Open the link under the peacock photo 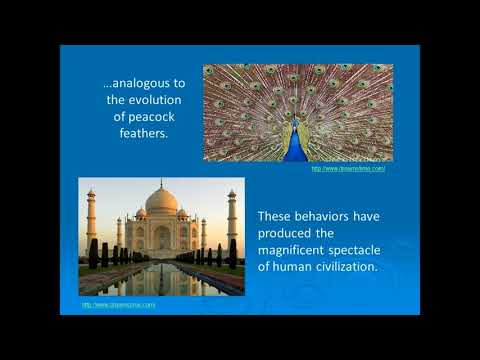pos(349,169)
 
